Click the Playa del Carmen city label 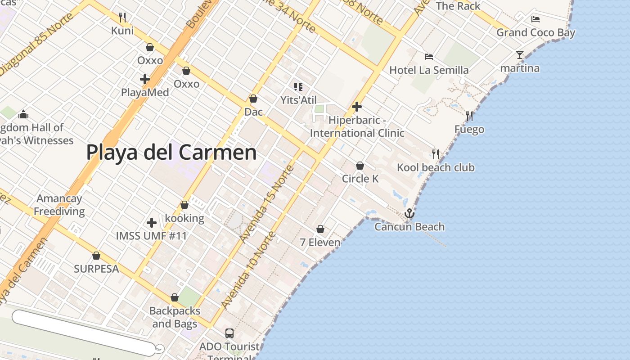(171, 152)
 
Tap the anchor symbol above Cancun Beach (409, 213)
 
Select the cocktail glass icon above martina (520, 55)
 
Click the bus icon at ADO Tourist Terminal (229, 333)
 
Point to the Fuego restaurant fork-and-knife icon (469, 116)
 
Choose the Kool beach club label (436, 167)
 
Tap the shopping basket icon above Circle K (360, 166)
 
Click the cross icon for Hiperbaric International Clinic (357, 107)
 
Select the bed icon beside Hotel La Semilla (429, 57)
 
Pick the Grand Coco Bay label (535, 32)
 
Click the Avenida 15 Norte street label (267, 203)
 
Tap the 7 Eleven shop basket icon (320, 229)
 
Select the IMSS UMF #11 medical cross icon (152, 222)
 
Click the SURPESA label (96, 269)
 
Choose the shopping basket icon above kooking (184, 205)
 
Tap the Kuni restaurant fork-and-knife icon (122, 18)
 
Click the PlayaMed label (145, 92)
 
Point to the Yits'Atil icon (298, 86)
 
